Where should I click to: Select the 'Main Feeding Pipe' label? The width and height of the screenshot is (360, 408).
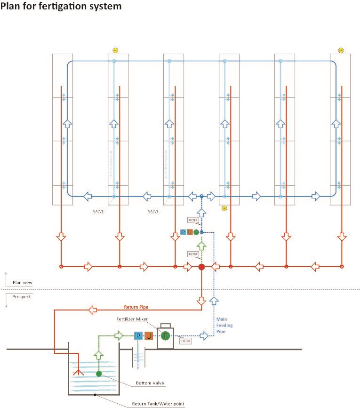(x=224, y=325)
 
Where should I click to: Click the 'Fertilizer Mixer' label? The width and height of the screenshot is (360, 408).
(x=132, y=319)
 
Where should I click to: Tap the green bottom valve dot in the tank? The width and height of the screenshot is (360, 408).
(x=99, y=374)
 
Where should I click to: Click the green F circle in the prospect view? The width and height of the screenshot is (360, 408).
(x=165, y=336)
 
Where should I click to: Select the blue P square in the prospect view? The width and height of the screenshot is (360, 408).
(x=138, y=336)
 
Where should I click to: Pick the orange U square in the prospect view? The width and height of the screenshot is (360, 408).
(x=149, y=336)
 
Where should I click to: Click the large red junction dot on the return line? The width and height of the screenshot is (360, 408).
(x=201, y=267)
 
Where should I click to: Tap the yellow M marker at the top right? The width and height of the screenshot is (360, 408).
(x=341, y=50)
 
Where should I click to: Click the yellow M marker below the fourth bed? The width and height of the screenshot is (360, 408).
(x=224, y=208)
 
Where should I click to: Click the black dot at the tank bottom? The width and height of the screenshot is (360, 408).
(x=95, y=395)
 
